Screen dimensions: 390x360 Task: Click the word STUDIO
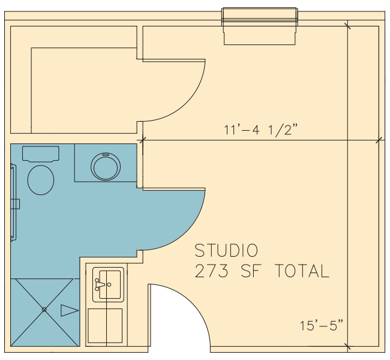pos(226,250)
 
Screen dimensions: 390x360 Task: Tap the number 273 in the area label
pos(211,271)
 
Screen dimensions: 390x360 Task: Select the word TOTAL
pos(302,271)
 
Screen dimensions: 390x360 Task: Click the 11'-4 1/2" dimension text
pos(260,130)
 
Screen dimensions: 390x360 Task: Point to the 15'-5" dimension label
pos(322,325)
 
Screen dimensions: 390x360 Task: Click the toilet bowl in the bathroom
pos(41,180)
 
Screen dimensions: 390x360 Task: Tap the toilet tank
pos(41,154)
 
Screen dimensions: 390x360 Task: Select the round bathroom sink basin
pos(106,166)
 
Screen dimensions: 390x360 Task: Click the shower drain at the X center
pos(44,310)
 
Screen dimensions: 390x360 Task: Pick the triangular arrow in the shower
pos(70,310)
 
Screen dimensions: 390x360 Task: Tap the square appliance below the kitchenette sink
pos(105,326)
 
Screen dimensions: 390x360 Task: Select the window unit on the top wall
pos(260,26)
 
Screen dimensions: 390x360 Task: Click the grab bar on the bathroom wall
pos(14,203)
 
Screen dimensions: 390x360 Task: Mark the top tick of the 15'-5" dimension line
pos(348,26)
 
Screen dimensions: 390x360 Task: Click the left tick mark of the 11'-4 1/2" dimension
pos(143,140)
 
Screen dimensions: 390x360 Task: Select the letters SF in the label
pos(251,271)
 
